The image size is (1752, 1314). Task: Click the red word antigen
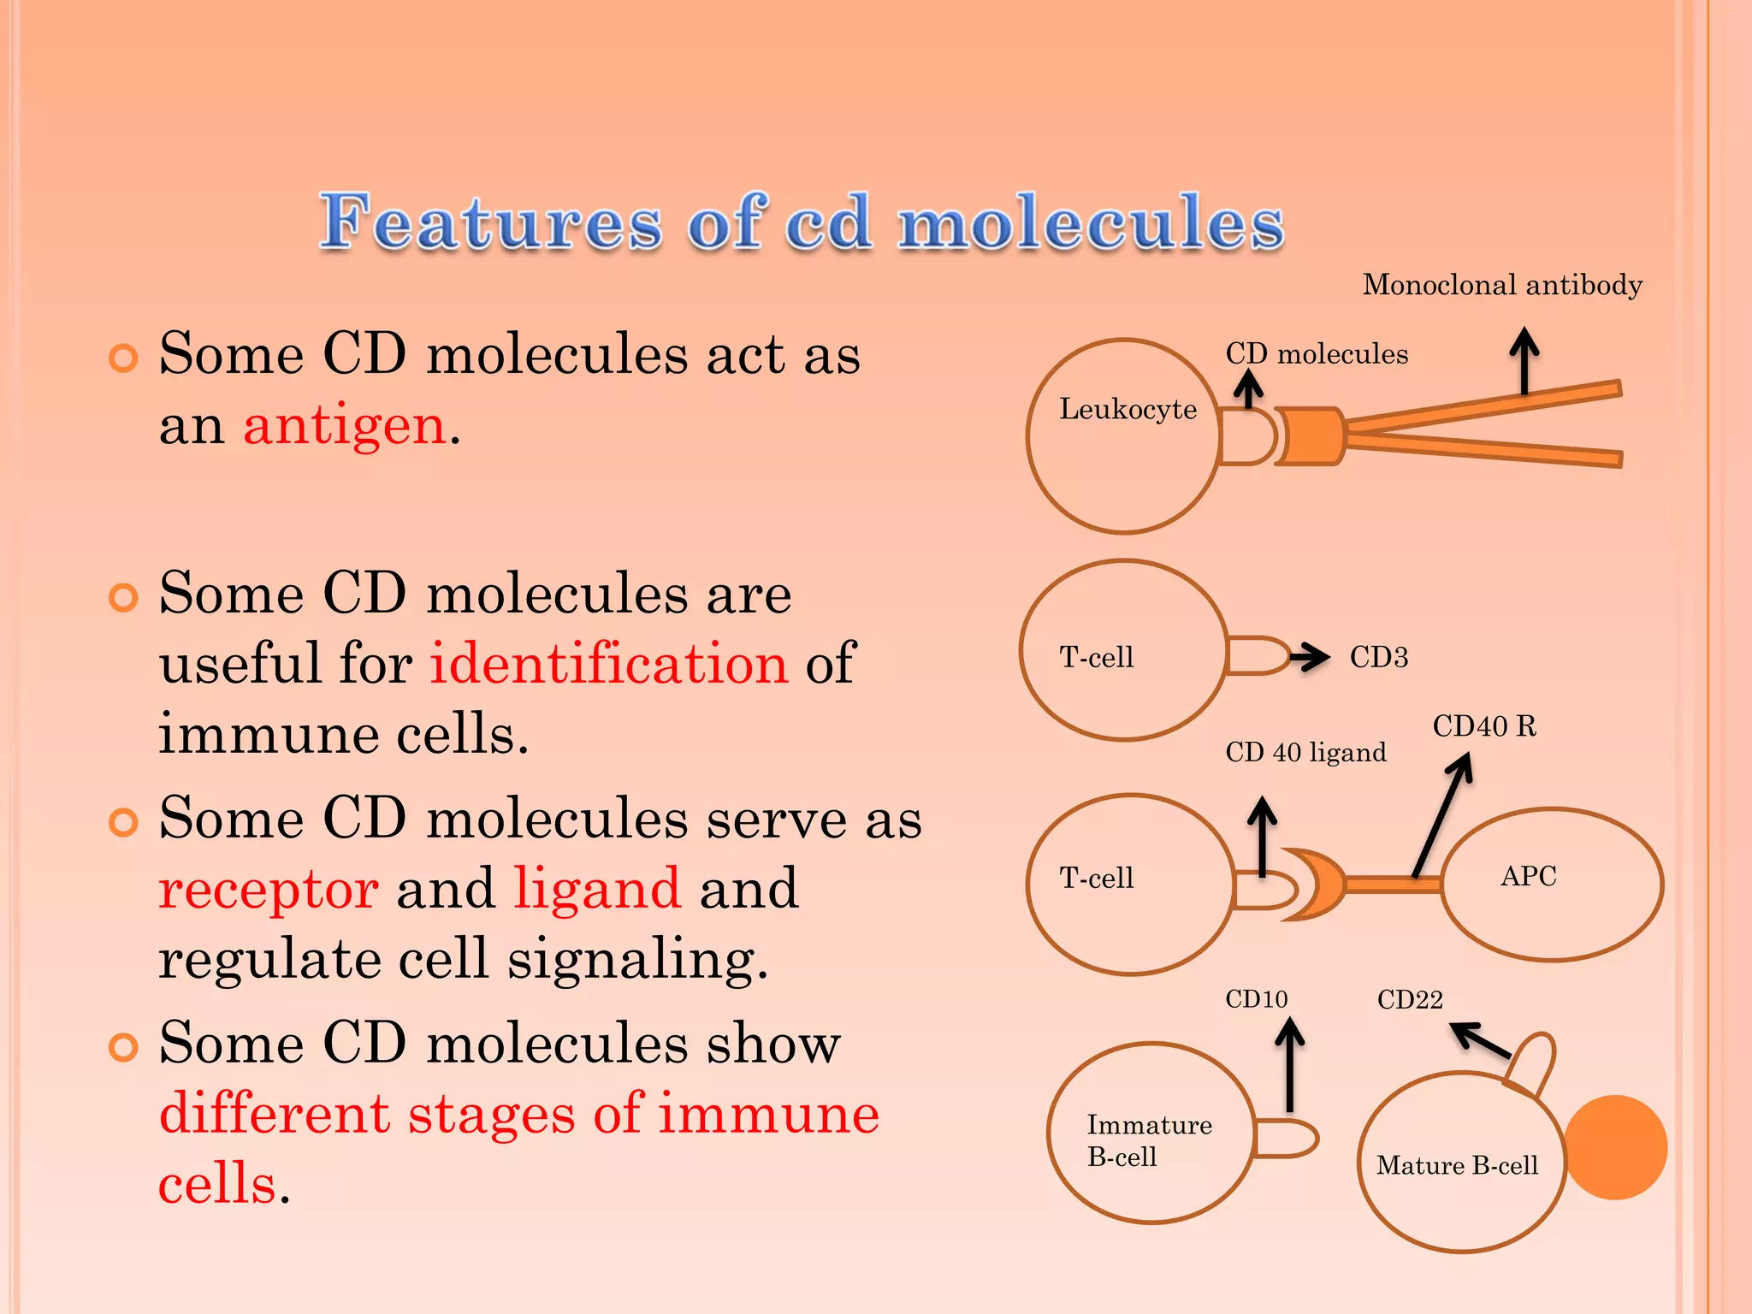pyautogui.click(x=345, y=425)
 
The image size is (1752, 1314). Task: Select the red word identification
pyautogui.click(x=607, y=664)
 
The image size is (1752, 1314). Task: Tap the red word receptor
pyautogui.click(x=269, y=889)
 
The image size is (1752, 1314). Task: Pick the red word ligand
pyautogui.click(x=597, y=889)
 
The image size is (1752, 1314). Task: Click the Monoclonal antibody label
pyautogui.click(x=1502, y=285)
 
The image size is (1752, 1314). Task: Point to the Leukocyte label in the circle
pyautogui.click(x=1128, y=409)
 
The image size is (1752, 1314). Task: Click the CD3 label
pyautogui.click(x=1378, y=657)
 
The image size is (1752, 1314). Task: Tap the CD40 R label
pyautogui.click(x=1484, y=726)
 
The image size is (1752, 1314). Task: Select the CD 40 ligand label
pyautogui.click(x=1305, y=753)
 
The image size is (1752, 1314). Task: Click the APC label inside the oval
pyautogui.click(x=1528, y=876)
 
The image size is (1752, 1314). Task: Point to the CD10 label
pyautogui.click(x=1256, y=999)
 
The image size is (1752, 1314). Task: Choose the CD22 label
pyautogui.click(x=1409, y=1000)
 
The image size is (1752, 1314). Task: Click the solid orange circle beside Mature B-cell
pyautogui.click(x=1615, y=1147)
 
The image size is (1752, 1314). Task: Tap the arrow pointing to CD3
pyautogui.click(x=1309, y=657)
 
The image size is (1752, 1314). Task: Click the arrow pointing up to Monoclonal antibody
pyautogui.click(x=1524, y=359)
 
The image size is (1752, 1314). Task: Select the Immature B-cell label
pyautogui.click(x=1148, y=1140)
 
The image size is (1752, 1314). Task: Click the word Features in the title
pyautogui.click(x=491, y=222)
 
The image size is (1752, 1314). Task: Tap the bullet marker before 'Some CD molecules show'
pyautogui.click(x=123, y=1047)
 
